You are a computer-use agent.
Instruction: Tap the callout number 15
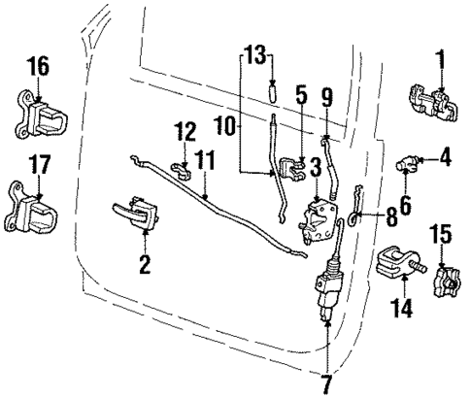click(x=442, y=235)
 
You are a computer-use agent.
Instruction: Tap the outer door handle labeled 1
click(x=432, y=105)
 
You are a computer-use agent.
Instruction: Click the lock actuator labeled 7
click(x=327, y=289)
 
